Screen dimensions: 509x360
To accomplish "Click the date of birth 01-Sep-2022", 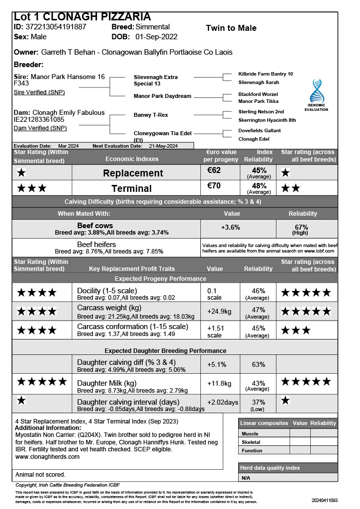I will pyautogui.click(x=156, y=37).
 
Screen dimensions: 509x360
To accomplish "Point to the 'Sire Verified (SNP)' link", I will pyautogui.click(x=39, y=92).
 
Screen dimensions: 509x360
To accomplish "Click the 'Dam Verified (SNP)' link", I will pyautogui.click(x=40, y=128).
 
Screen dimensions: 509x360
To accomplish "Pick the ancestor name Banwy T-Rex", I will pyautogui.click(x=151, y=115).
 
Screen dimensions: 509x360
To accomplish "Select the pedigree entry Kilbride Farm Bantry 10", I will pyautogui.click(x=266, y=74).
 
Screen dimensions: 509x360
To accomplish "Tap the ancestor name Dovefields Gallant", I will pyautogui.click(x=260, y=131).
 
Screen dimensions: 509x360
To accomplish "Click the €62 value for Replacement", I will pyautogui.click(x=214, y=170).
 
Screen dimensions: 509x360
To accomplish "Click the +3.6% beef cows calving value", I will pyautogui.click(x=230, y=228).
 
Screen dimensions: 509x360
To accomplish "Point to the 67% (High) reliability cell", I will pyautogui.click(x=304, y=230).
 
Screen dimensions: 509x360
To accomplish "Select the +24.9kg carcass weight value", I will pyautogui.click(x=219, y=312).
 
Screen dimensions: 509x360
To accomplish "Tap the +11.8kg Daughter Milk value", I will pyautogui.click(x=219, y=384).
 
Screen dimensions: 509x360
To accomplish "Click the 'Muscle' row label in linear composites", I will pyautogui.click(x=250, y=434).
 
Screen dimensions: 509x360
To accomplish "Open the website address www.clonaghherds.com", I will pyautogui.click(x=47, y=456).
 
